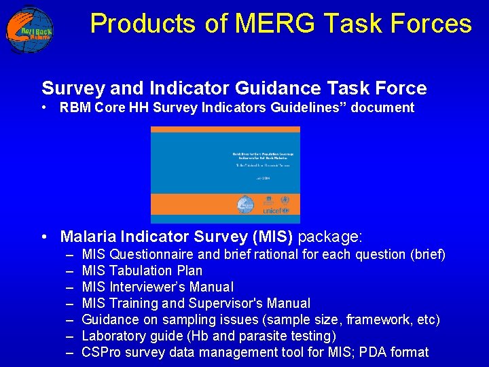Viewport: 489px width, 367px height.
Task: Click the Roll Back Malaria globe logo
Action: [29, 29]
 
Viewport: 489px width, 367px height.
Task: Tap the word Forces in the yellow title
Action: [431, 24]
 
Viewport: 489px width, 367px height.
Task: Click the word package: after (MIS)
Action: [331, 237]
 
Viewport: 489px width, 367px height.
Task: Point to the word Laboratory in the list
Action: [113, 336]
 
